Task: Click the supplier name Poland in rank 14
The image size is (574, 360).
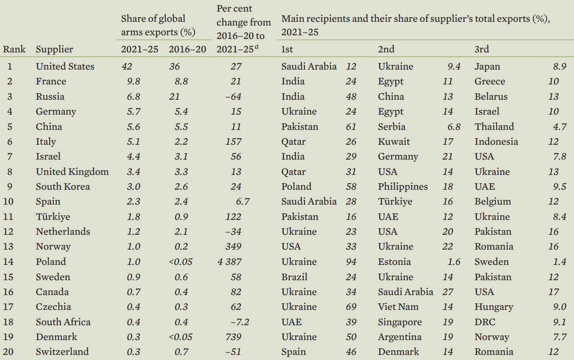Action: [x=51, y=262]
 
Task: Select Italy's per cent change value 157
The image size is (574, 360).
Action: [x=233, y=141]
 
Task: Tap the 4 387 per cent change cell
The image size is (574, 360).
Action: [x=229, y=262]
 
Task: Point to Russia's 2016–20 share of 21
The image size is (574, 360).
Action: [x=174, y=96]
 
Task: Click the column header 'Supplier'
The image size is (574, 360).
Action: [x=54, y=49]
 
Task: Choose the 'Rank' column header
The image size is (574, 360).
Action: [x=14, y=49]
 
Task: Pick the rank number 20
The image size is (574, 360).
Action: [x=9, y=352]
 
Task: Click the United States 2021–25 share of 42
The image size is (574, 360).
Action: [x=127, y=66]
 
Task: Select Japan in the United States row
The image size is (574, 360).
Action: [x=487, y=66]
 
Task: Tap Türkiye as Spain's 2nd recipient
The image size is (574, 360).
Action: [x=395, y=201]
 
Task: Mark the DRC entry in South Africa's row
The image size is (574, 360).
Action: [x=485, y=322]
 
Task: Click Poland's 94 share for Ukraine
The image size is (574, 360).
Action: [x=351, y=262]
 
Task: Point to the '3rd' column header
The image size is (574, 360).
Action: [x=482, y=49]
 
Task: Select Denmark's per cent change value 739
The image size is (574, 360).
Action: [x=233, y=337]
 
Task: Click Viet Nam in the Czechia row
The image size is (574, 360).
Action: [x=398, y=307]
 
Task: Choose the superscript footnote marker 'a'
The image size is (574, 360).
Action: [x=256, y=46]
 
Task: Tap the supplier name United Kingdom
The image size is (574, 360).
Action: [x=72, y=172]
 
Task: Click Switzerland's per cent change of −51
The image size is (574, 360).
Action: [x=233, y=352]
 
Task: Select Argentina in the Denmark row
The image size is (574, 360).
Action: [x=399, y=337]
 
